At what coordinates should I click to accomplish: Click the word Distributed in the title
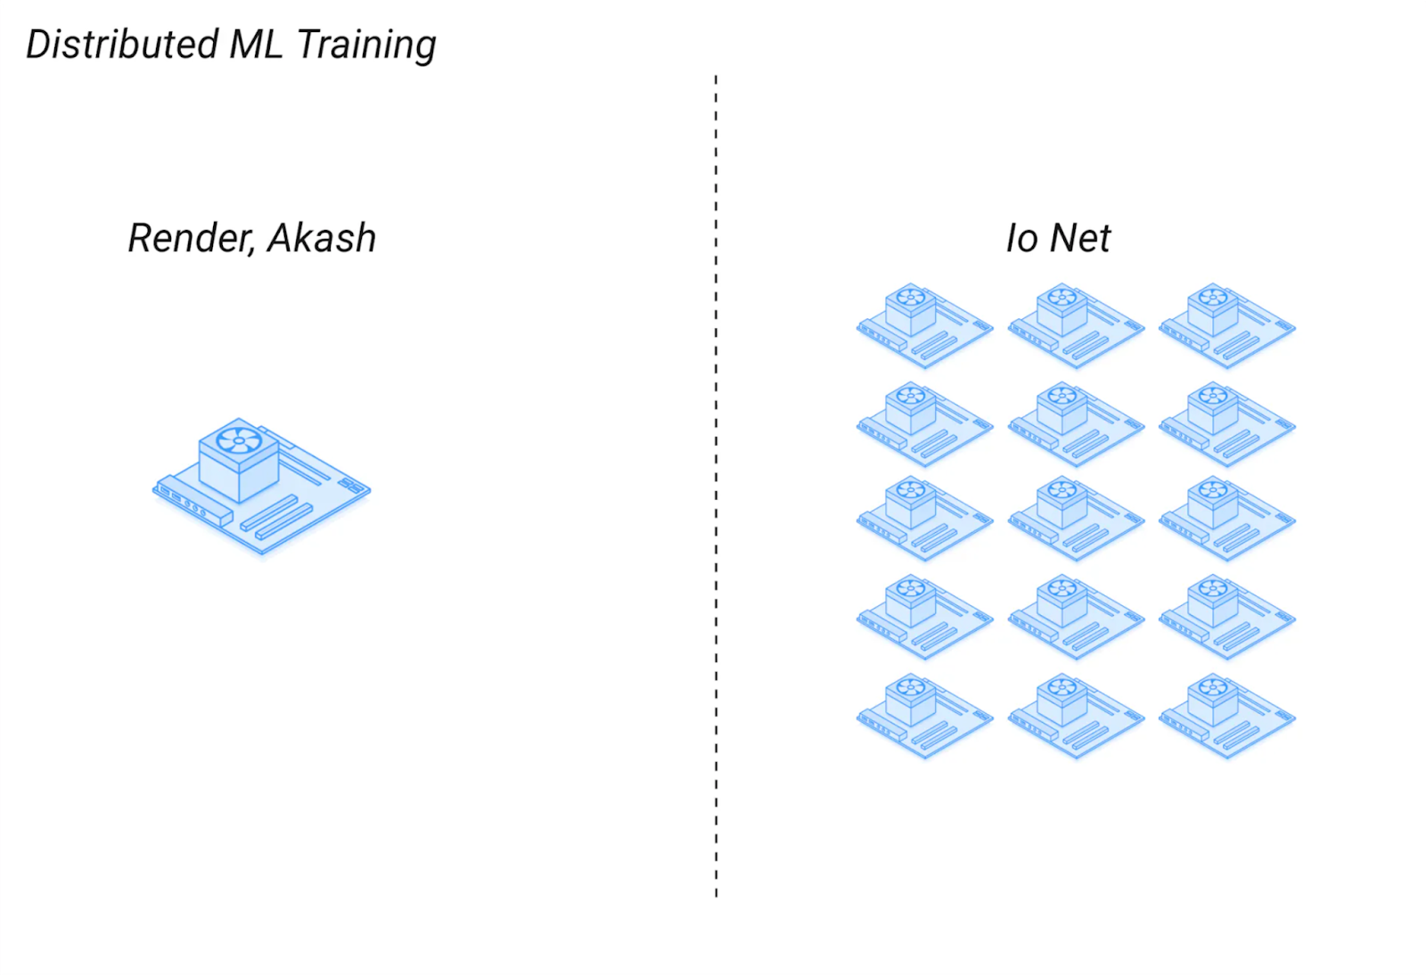(x=122, y=44)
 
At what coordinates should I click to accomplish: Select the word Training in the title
(x=366, y=45)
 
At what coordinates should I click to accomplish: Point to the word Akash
(x=322, y=237)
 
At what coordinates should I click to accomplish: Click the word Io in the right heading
(x=1022, y=238)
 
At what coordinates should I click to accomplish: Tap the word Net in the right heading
(x=1079, y=238)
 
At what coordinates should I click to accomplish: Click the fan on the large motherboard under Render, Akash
(x=239, y=440)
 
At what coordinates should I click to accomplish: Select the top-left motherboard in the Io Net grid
(x=924, y=325)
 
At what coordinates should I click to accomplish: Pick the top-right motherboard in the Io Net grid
(x=1226, y=325)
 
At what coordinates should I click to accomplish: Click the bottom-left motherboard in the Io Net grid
(x=924, y=716)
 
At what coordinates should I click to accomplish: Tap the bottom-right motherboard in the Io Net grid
(x=1226, y=716)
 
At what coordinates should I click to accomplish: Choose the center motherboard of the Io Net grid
(x=1076, y=519)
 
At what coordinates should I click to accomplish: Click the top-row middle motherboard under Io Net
(x=1076, y=325)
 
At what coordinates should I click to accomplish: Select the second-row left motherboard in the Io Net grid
(x=924, y=424)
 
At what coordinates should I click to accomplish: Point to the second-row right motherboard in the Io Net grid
(x=1226, y=424)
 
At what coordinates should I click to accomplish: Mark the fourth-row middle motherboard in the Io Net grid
(x=1076, y=618)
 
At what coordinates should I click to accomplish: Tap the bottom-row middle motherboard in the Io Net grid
(x=1076, y=716)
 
